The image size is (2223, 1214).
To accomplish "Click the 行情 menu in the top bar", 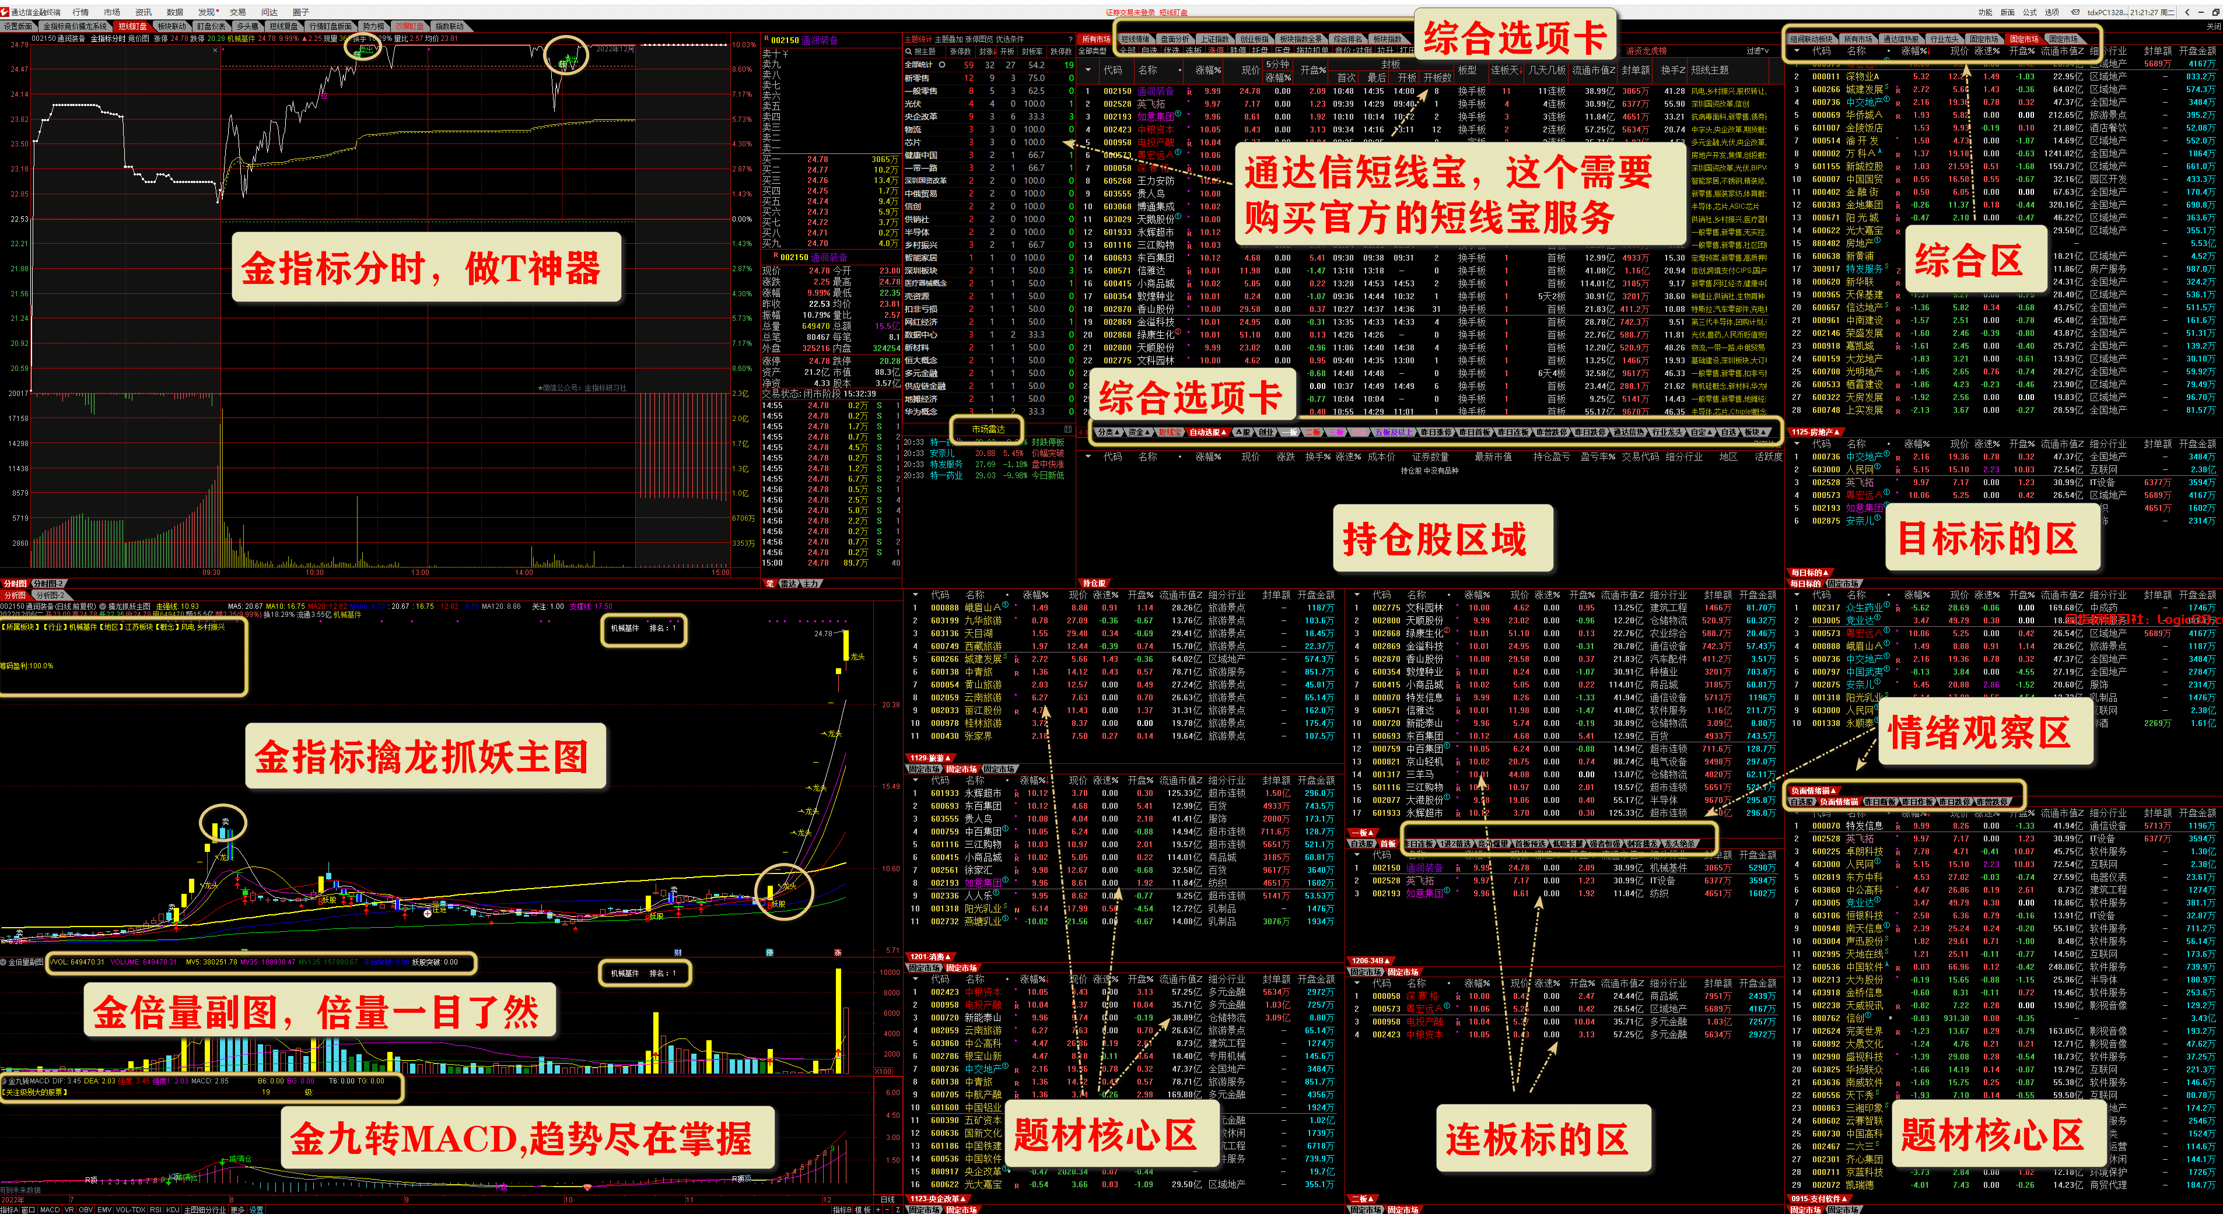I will point(80,12).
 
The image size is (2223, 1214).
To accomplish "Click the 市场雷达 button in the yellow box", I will point(987,429).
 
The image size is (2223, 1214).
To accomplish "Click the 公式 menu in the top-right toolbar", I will point(2030,12).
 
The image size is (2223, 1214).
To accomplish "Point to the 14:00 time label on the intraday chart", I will point(524,572).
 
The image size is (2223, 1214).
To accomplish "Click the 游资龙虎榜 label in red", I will point(1647,51).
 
